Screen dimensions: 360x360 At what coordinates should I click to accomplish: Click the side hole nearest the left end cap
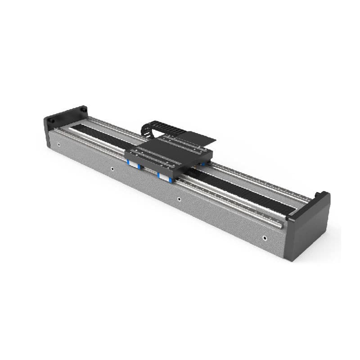pos(59,145)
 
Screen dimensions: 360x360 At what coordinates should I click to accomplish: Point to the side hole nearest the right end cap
pos(265,238)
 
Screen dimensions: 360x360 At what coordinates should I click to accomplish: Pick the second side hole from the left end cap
pos(112,169)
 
